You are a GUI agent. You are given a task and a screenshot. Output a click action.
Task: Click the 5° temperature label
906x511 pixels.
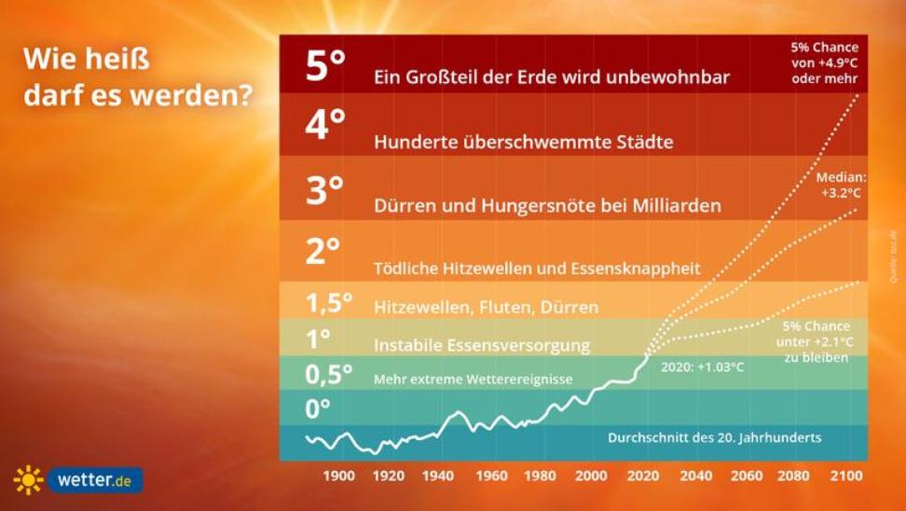coord(325,65)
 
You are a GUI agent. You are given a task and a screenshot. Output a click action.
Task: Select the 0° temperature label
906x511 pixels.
coord(319,408)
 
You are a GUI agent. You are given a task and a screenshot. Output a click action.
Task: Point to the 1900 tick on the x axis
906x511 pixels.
coord(338,476)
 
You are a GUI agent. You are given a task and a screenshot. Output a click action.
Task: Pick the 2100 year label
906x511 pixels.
coord(846,476)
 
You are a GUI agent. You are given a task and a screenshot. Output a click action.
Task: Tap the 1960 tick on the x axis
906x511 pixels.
coord(491,476)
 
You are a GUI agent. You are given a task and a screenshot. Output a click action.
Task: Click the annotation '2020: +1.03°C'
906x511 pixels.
coord(702,366)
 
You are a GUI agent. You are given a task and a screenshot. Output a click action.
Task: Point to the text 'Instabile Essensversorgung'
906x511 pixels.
coord(482,345)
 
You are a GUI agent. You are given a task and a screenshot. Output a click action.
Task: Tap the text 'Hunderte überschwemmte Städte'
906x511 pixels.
coord(523,142)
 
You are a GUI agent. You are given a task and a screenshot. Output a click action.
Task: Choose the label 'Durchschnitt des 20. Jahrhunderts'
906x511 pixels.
coord(715,436)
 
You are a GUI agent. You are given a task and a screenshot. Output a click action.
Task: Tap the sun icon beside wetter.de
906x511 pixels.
coord(28,480)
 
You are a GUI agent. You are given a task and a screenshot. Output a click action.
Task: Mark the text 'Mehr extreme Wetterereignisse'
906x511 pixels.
coord(473,380)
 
